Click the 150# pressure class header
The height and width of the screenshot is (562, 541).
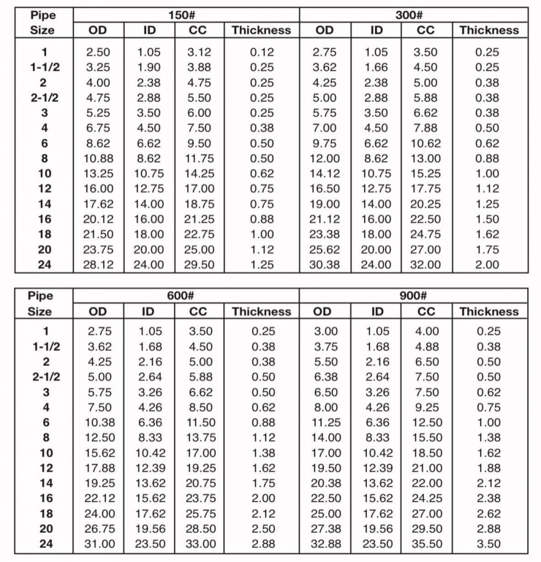click(186, 15)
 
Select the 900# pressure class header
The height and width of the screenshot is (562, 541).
click(414, 296)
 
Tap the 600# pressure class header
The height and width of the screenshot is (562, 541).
click(186, 296)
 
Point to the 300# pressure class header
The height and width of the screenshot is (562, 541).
click(414, 15)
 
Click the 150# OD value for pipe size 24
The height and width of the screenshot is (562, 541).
click(98, 265)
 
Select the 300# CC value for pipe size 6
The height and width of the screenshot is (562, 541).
click(426, 144)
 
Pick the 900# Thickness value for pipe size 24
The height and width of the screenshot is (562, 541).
click(488, 544)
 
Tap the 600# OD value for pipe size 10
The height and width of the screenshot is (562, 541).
click(98, 453)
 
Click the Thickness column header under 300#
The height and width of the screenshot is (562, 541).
click(488, 31)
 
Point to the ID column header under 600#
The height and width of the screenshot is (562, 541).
click(149, 312)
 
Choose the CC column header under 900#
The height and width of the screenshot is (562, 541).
click(426, 312)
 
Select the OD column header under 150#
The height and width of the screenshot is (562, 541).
click(98, 31)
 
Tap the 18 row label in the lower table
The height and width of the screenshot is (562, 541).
click(44, 514)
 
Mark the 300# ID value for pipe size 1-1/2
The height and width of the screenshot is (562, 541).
click(376, 68)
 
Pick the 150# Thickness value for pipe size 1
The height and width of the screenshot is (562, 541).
click(261, 53)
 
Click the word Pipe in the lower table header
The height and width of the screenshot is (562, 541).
click(42, 296)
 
